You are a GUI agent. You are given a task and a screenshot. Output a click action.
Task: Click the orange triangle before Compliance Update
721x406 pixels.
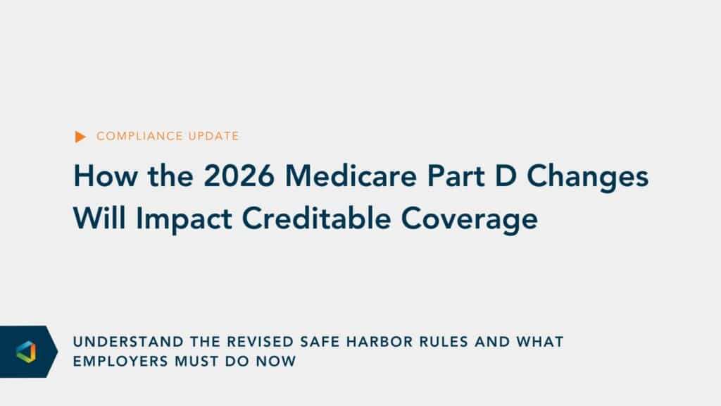[x=80, y=137]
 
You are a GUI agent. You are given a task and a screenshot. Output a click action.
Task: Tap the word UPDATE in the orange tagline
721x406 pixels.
[x=213, y=136]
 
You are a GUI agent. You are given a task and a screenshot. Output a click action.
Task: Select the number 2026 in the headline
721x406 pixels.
[x=239, y=176]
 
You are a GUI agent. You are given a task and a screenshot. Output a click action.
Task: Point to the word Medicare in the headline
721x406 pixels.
[x=351, y=176]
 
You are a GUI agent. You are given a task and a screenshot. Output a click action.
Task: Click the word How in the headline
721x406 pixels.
[x=106, y=176]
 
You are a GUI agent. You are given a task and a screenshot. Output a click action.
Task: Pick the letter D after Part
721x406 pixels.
[x=506, y=176]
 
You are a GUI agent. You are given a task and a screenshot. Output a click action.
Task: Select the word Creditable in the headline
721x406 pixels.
[x=316, y=219]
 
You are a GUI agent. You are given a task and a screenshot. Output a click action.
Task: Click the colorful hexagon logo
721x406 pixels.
[x=26, y=352]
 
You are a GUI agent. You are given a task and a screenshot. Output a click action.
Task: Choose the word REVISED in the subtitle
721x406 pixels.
[x=261, y=342]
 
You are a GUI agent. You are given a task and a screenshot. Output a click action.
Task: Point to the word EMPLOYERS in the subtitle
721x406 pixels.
[x=120, y=362]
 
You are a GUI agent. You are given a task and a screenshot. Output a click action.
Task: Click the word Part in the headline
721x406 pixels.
[x=456, y=176]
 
